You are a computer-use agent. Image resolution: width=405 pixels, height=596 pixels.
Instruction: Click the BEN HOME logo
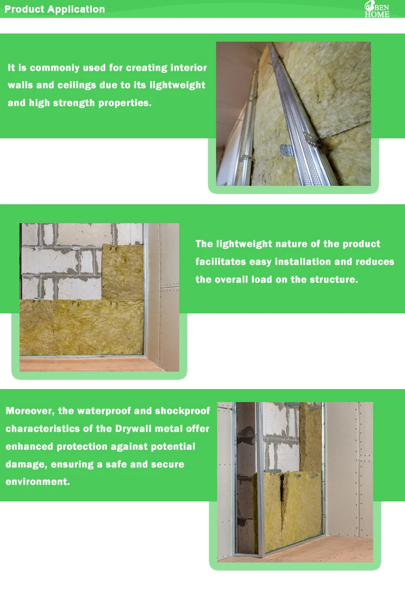coord(377,9)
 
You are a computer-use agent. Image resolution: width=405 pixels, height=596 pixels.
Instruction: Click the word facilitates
coord(220,262)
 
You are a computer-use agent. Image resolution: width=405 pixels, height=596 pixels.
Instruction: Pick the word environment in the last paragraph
coord(38,481)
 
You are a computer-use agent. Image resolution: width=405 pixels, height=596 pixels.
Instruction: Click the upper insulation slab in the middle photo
coord(123,272)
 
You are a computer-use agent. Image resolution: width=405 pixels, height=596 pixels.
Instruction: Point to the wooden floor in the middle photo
coord(91,364)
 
